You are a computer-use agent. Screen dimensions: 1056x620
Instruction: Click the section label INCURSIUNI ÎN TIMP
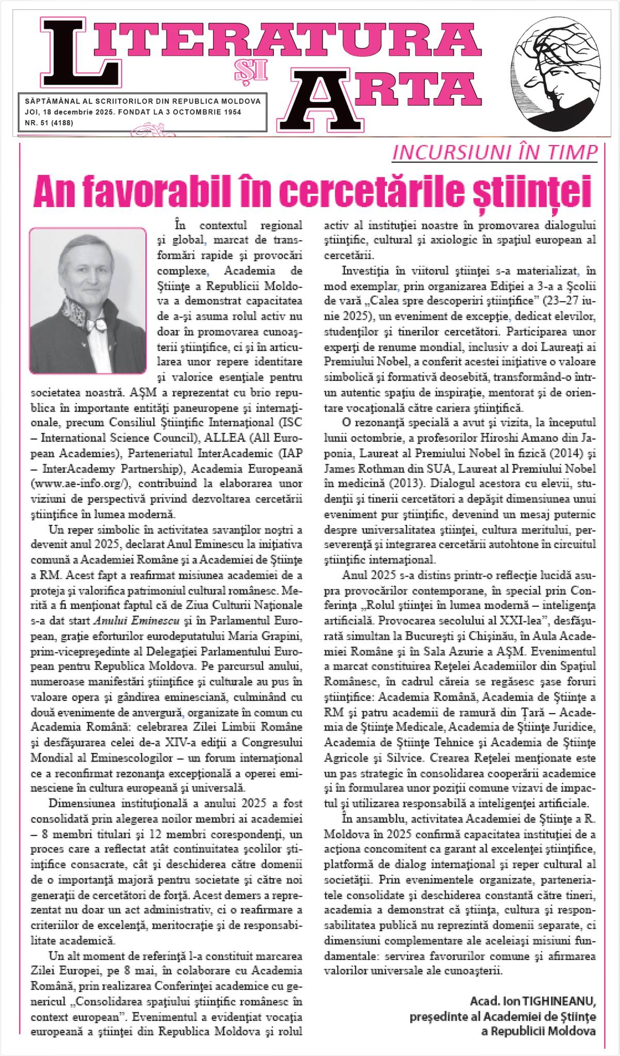[x=495, y=152]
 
